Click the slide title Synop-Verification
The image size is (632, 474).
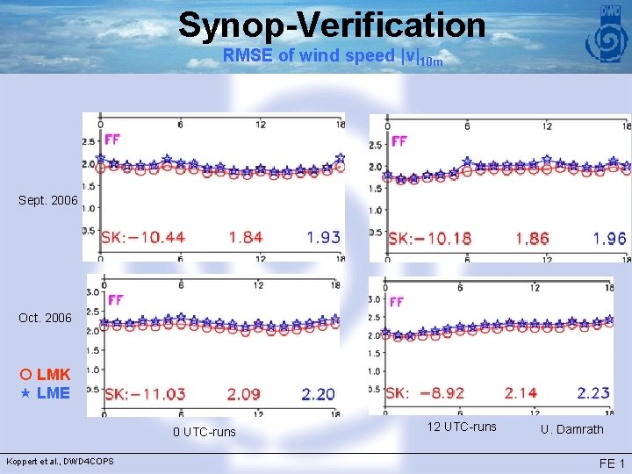331,25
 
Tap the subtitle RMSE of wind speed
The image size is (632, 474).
332,56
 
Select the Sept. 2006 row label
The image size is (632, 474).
48,201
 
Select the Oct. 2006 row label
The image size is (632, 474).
45,317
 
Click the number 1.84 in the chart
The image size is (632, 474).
246,238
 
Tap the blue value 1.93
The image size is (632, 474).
323,238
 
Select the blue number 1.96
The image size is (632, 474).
609,239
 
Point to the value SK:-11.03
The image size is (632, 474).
146,394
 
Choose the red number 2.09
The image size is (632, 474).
243,394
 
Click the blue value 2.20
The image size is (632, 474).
318,394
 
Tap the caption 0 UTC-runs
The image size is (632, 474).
205,432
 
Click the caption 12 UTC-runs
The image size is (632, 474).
461,427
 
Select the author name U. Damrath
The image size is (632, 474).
572,429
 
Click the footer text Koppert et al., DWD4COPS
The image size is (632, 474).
60,462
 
